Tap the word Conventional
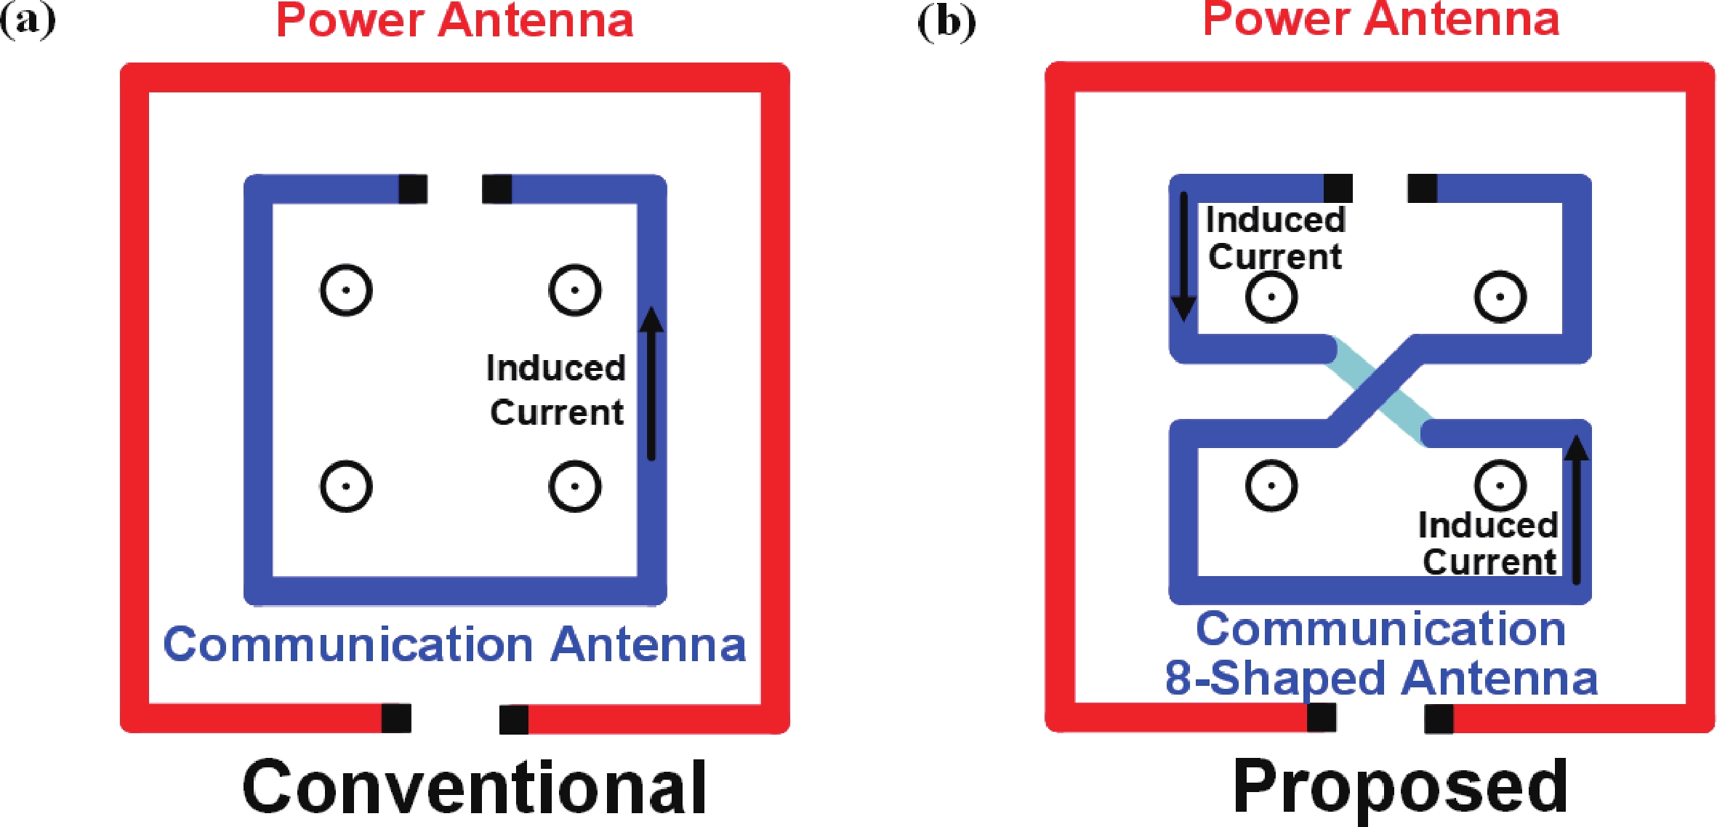(x=474, y=787)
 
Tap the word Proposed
(x=1400, y=787)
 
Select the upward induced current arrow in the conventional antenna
(x=651, y=384)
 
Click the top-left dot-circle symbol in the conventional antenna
(x=347, y=290)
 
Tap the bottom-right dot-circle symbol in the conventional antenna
(x=575, y=486)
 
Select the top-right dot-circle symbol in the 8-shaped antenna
(x=1500, y=297)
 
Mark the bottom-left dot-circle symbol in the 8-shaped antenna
(x=1271, y=485)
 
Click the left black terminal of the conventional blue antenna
(x=413, y=189)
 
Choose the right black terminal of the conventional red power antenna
(x=514, y=719)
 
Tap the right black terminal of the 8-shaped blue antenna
(x=1422, y=189)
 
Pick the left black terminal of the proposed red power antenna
(x=1322, y=718)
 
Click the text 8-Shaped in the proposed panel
(x=1275, y=679)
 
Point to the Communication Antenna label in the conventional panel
(x=454, y=644)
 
